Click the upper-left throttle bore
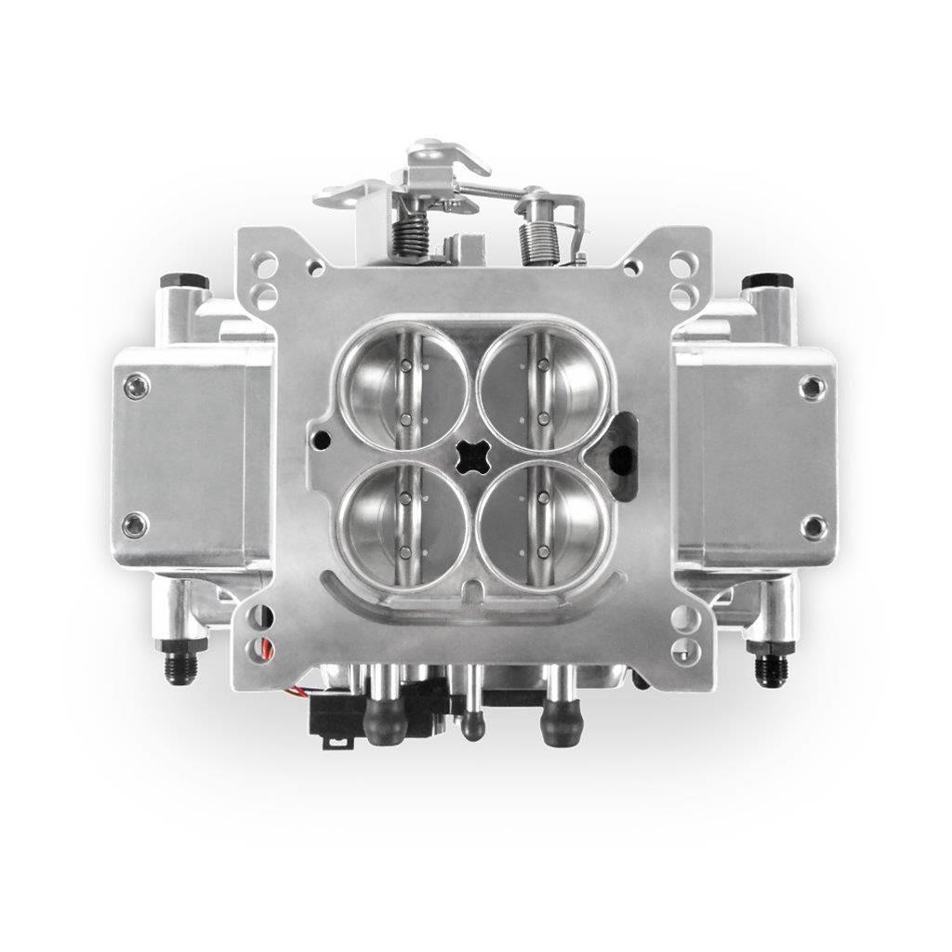403,386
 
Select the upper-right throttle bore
544,386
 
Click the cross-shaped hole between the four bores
474,456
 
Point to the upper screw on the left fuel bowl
137,386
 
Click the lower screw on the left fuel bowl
137,525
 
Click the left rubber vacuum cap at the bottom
385,721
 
